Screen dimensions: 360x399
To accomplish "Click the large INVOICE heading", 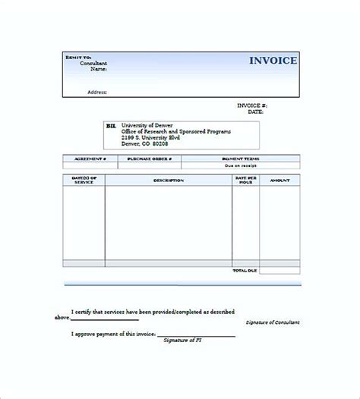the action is (273, 61).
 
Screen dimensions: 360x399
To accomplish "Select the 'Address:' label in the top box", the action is (96, 92).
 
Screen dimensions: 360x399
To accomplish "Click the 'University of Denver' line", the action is (148, 124).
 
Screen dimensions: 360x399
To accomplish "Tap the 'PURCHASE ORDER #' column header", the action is (149, 159).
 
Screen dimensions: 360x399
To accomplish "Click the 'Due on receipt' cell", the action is (240, 165).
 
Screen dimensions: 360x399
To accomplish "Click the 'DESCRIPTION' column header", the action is (168, 181).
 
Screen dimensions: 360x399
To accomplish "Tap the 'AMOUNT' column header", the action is (279, 181).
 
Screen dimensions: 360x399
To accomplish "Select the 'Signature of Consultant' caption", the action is (273, 322).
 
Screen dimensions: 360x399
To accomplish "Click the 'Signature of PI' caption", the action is (182, 340).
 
